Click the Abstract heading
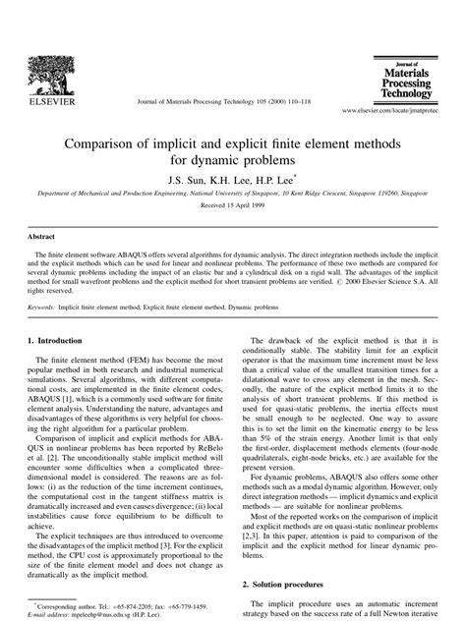(x=40, y=237)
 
